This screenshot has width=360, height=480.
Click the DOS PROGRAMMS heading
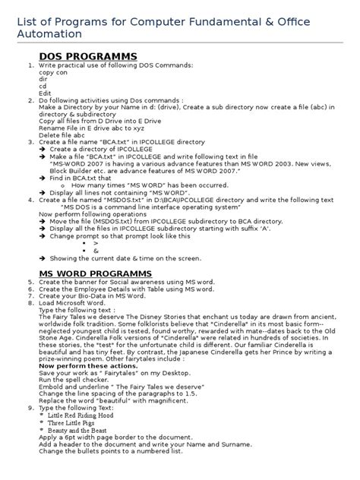88,57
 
